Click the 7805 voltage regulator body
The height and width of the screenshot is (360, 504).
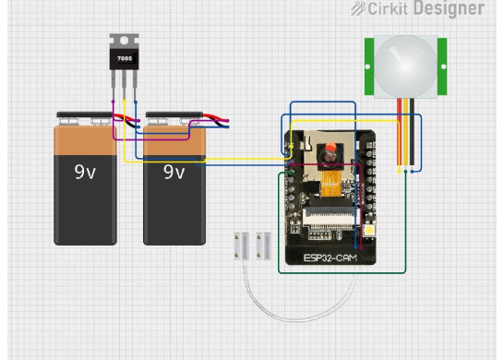pyautogui.click(x=123, y=59)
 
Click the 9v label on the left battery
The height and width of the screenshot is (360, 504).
pyautogui.click(x=85, y=172)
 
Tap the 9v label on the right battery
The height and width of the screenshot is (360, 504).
pyautogui.click(x=174, y=172)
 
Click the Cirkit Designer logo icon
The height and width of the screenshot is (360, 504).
pyautogui.click(x=358, y=8)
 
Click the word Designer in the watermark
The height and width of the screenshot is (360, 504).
pyautogui.click(x=448, y=8)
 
